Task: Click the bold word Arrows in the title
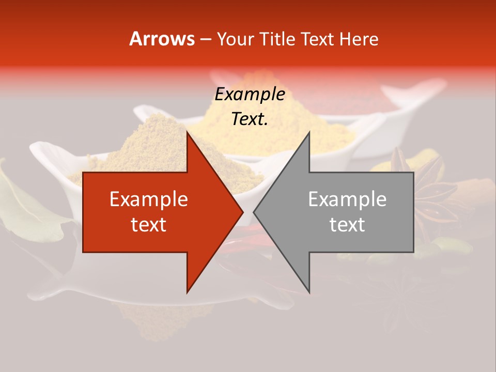[x=162, y=39]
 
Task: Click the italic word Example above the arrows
[x=250, y=95]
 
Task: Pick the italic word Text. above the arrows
[x=250, y=119]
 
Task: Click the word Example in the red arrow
[x=149, y=199]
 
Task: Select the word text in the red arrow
[x=149, y=224]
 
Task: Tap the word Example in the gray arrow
[x=347, y=199]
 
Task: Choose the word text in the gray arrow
[x=347, y=224]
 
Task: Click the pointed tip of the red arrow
[x=242, y=212]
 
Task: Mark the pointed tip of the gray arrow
[x=254, y=212]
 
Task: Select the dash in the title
[x=206, y=39]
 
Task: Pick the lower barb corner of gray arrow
[x=309, y=292]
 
